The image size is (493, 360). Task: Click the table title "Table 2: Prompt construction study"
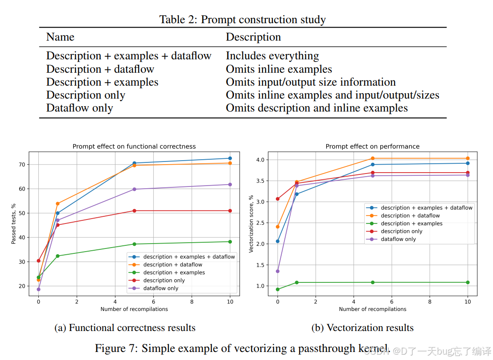point(242,20)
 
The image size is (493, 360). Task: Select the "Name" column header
point(60,37)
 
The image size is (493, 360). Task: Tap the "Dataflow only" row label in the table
point(79,108)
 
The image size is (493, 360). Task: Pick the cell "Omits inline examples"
point(279,69)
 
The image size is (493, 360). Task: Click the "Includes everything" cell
point(272,56)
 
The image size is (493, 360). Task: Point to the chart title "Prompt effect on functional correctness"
point(134,146)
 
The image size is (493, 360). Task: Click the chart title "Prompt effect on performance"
point(372,146)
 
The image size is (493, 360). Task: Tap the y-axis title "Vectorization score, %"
point(251,223)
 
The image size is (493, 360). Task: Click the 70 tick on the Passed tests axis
point(22,165)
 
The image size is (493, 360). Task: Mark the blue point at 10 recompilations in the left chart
point(230,158)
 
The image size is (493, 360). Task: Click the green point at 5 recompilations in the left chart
point(134,244)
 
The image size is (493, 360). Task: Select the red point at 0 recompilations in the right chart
point(278,199)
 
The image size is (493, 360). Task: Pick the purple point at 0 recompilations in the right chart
point(278,271)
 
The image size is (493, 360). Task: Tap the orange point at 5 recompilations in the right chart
point(373,158)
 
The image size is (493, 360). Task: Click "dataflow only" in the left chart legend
point(160,288)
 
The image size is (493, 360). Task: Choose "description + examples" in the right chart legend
point(411,223)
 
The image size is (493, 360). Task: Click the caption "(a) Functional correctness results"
point(125,328)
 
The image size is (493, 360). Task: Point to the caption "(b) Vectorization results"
point(362,328)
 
